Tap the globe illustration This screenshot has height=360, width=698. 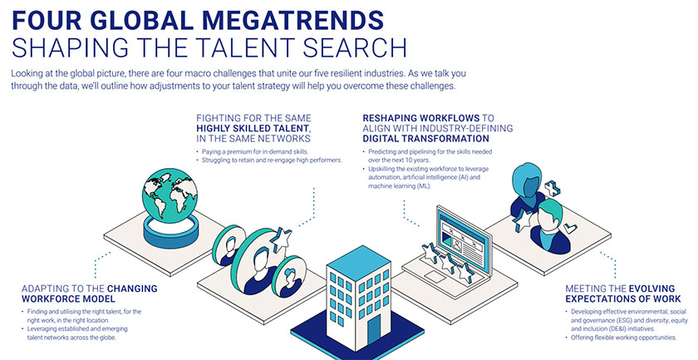pyautogui.click(x=170, y=195)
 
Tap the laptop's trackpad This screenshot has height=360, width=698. pyautogui.click(x=435, y=276)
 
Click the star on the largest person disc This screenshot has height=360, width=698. pyautogui.click(x=281, y=239)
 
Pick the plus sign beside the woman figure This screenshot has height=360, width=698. pyautogui.click(x=552, y=189)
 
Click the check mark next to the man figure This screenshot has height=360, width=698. pyautogui.click(x=570, y=229)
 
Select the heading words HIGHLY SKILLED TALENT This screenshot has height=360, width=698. pyautogui.click(x=253, y=128)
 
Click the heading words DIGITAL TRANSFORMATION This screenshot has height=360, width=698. pyautogui.click(x=420, y=139)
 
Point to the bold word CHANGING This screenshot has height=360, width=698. pyautogui.click(x=132, y=288)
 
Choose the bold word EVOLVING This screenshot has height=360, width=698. pyautogui.click(x=651, y=288)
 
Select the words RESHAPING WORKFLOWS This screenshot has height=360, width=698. pyautogui.click(x=421, y=118)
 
